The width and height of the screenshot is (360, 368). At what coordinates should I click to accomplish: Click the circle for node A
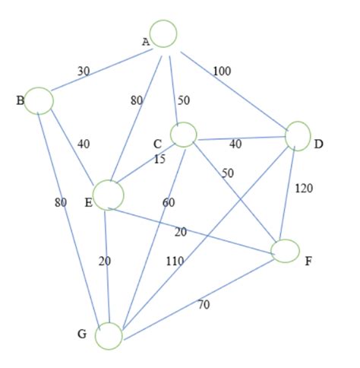point(163,33)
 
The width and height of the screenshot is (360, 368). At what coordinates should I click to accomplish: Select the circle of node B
point(40,101)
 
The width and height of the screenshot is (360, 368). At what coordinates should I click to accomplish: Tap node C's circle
point(184,135)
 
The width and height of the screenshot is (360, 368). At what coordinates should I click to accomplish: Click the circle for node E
point(109,195)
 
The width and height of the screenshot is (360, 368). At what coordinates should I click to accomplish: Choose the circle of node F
point(286,250)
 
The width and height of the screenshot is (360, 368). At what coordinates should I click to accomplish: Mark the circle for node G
point(109,336)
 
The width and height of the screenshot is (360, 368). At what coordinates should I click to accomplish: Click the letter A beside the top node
point(146,42)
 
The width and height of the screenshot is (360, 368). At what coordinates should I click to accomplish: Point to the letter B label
point(21,100)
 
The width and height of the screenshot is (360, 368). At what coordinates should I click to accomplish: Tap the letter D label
point(318,143)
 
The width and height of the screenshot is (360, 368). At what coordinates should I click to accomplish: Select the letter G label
point(81,335)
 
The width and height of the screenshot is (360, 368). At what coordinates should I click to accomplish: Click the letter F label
point(308,261)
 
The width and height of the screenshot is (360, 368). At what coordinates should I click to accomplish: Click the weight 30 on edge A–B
point(84,71)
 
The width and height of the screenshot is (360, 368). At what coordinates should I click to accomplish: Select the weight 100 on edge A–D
point(222,71)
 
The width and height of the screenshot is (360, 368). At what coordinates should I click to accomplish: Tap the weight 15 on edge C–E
point(159,159)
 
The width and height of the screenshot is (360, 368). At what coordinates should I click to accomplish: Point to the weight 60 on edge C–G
point(168,201)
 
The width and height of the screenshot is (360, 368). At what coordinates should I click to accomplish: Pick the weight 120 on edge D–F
point(303,188)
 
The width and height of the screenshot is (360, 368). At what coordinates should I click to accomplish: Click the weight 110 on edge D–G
point(175,261)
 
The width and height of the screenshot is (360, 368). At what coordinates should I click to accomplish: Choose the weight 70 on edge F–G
point(204,305)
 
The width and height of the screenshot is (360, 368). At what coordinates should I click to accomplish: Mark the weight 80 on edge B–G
point(61,202)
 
